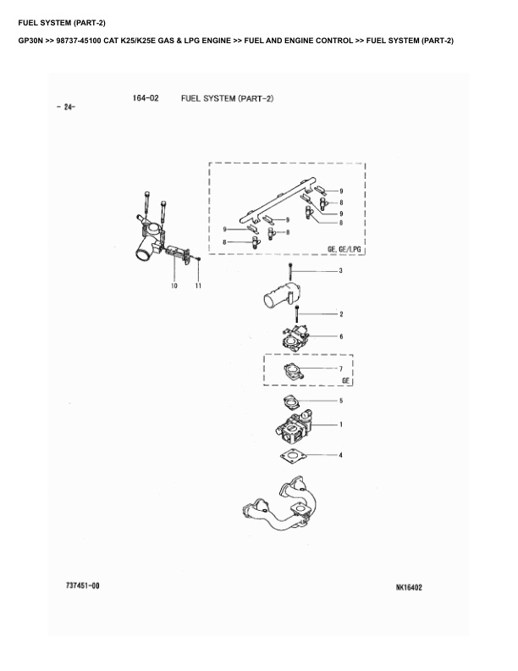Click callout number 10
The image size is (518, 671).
pos(174,286)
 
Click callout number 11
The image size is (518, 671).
pos(198,286)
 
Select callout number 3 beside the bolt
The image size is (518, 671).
pos(340,270)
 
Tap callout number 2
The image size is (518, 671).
pos(341,314)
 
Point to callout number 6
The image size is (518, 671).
pos(341,336)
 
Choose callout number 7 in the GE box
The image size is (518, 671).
pos(340,369)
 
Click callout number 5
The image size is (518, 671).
pos(341,401)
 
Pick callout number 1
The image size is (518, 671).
pos(340,424)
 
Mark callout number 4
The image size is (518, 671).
pos(340,455)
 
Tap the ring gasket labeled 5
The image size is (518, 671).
pos(291,402)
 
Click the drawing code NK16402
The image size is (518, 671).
pos(409,587)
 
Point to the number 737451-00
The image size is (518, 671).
pos(82,585)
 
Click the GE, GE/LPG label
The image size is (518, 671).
pos(344,248)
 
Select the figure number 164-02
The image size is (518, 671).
pos(146,98)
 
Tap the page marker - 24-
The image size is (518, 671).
pos(65,107)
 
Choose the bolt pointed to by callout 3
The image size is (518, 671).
pos(290,272)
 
